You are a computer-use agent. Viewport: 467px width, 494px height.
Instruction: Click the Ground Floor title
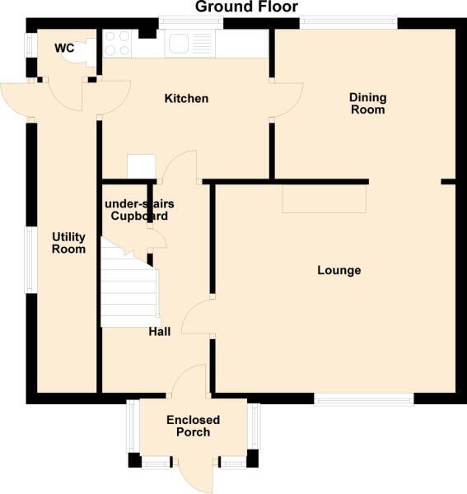coord(246,7)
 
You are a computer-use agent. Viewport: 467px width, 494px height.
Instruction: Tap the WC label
coord(64,49)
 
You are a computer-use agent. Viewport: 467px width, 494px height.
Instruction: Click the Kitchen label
coord(186,99)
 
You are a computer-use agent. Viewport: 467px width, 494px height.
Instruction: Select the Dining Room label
coord(367,103)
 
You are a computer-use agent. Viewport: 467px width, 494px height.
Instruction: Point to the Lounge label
coord(339,270)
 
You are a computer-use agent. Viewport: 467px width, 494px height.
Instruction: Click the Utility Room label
coord(68,243)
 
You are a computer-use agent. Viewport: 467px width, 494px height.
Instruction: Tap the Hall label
coord(160,332)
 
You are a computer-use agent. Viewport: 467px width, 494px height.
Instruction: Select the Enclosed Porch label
coord(188,426)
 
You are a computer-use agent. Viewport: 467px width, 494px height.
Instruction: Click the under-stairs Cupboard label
coord(136,210)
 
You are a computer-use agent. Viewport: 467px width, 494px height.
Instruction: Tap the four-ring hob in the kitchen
coord(116,43)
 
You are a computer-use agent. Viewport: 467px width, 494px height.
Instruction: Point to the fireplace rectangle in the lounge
coord(324,198)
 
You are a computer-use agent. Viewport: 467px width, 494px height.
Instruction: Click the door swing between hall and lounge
coord(197,317)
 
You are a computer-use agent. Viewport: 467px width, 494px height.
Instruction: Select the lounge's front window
coord(363,398)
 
